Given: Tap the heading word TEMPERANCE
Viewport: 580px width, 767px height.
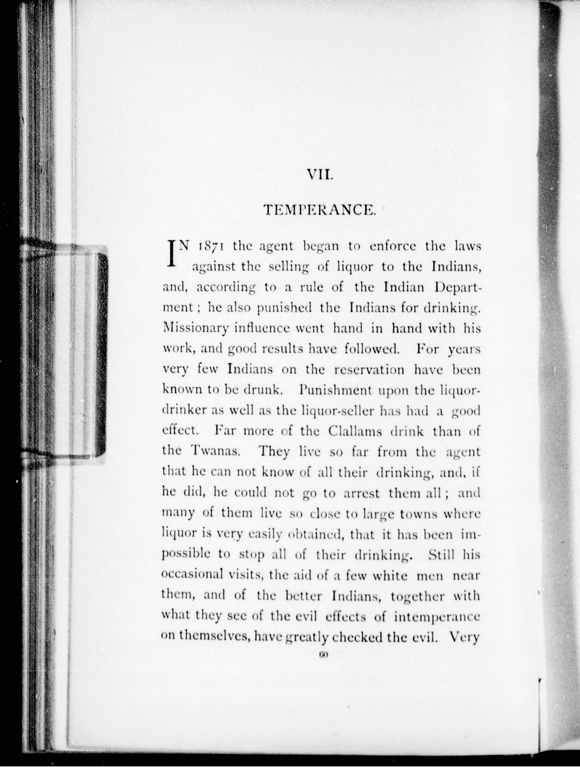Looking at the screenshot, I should (320, 210).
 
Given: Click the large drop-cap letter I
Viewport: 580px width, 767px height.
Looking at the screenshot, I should (172, 254).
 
